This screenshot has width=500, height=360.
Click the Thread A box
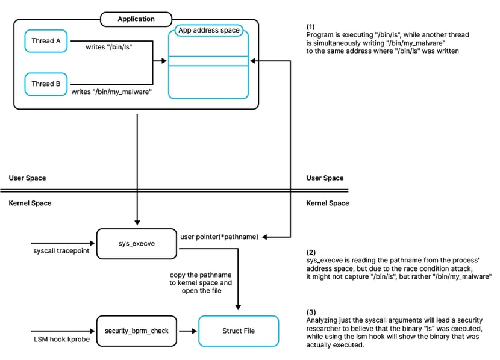(46, 41)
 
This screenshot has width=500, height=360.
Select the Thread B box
(46, 84)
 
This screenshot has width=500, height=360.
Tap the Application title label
(136, 19)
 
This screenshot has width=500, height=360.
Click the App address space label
(209, 30)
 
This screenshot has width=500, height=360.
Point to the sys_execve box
(137, 243)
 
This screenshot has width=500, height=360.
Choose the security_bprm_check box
(137, 331)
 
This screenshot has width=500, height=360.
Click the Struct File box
(239, 331)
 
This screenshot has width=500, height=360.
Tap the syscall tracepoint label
(61, 250)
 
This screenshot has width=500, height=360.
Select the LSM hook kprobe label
(61, 340)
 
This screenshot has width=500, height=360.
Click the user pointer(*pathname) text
(219, 237)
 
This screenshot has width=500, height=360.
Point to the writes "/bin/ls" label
(109, 47)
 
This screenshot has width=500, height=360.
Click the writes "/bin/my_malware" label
(111, 92)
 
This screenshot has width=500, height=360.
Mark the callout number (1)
(311, 26)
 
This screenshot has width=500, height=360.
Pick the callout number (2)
(311, 252)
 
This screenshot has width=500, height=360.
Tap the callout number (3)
(311, 312)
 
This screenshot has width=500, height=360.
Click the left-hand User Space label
(28, 178)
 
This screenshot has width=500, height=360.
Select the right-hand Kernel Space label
(328, 203)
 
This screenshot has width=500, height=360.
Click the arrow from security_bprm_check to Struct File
(188, 331)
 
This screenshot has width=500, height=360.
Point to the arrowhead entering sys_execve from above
(137, 222)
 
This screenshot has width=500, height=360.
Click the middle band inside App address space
(208, 61)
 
